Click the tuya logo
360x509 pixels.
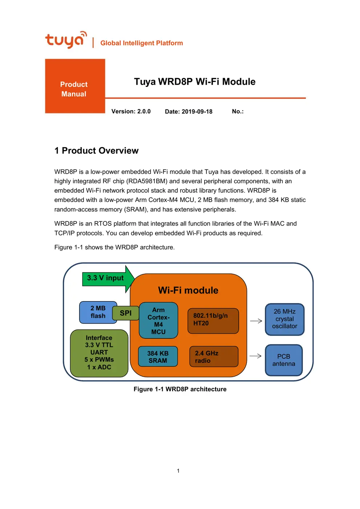[x=66, y=40]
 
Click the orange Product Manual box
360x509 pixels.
[x=75, y=86]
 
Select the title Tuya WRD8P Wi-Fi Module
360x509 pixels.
[x=194, y=81]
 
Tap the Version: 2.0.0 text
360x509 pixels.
[x=131, y=112]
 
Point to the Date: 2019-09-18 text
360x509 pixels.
[x=189, y=112]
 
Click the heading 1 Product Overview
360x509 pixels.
[x=96, y=151]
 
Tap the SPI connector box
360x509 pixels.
[x=126, y=313]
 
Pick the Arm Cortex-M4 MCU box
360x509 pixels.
[x=158, y=321]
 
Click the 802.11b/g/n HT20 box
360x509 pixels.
[x=213, y=321]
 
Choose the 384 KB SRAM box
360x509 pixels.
[x=158, y=357]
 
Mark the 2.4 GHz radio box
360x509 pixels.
[x=214, y=357]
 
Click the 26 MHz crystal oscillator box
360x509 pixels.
[x=284, y=319]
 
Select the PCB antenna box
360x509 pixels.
[x=284, y=360]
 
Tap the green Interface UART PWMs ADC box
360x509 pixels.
[x=99, y=353]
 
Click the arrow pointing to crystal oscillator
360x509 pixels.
[x=256, y=321]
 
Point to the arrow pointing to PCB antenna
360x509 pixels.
[x=255, y=356]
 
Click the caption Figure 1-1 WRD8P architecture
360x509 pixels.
[x=180, y=389]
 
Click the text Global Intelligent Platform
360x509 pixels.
[x=142, y=43]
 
